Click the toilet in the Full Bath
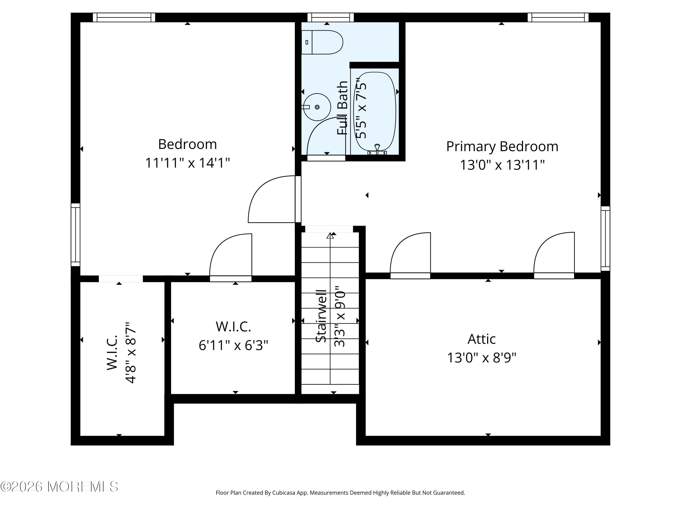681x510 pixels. tap(322, 42)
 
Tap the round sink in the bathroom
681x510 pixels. tap(317, 107)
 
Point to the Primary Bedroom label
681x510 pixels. tap(502, 146)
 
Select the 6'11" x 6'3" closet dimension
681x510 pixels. tap(233, 345)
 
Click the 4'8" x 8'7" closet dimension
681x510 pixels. tap(131, 353)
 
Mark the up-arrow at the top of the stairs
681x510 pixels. tap(330, 236)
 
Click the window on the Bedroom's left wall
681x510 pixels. tap(75, 235)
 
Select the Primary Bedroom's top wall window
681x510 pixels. tap(558, 17)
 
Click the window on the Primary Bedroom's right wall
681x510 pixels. tap(605, 238)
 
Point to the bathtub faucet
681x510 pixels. tap(377, 150)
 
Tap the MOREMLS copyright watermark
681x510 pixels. tap(59, 487)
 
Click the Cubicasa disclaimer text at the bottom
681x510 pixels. tap(340, 493)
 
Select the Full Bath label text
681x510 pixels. tap(342, 108)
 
